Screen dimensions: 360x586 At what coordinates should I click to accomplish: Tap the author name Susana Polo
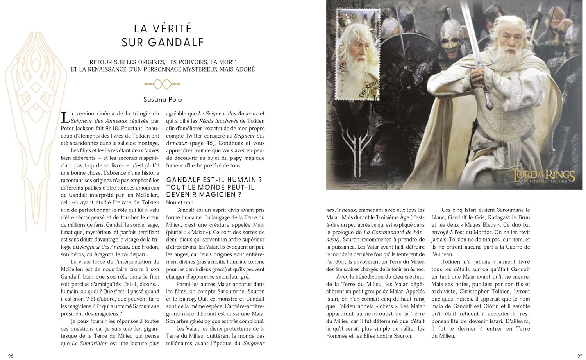(163, 99)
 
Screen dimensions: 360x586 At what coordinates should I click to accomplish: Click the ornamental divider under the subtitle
(163, 84)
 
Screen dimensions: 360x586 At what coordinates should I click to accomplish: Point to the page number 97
(580, 355)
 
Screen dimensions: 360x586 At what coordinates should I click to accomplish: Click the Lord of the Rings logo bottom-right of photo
(550, 176)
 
